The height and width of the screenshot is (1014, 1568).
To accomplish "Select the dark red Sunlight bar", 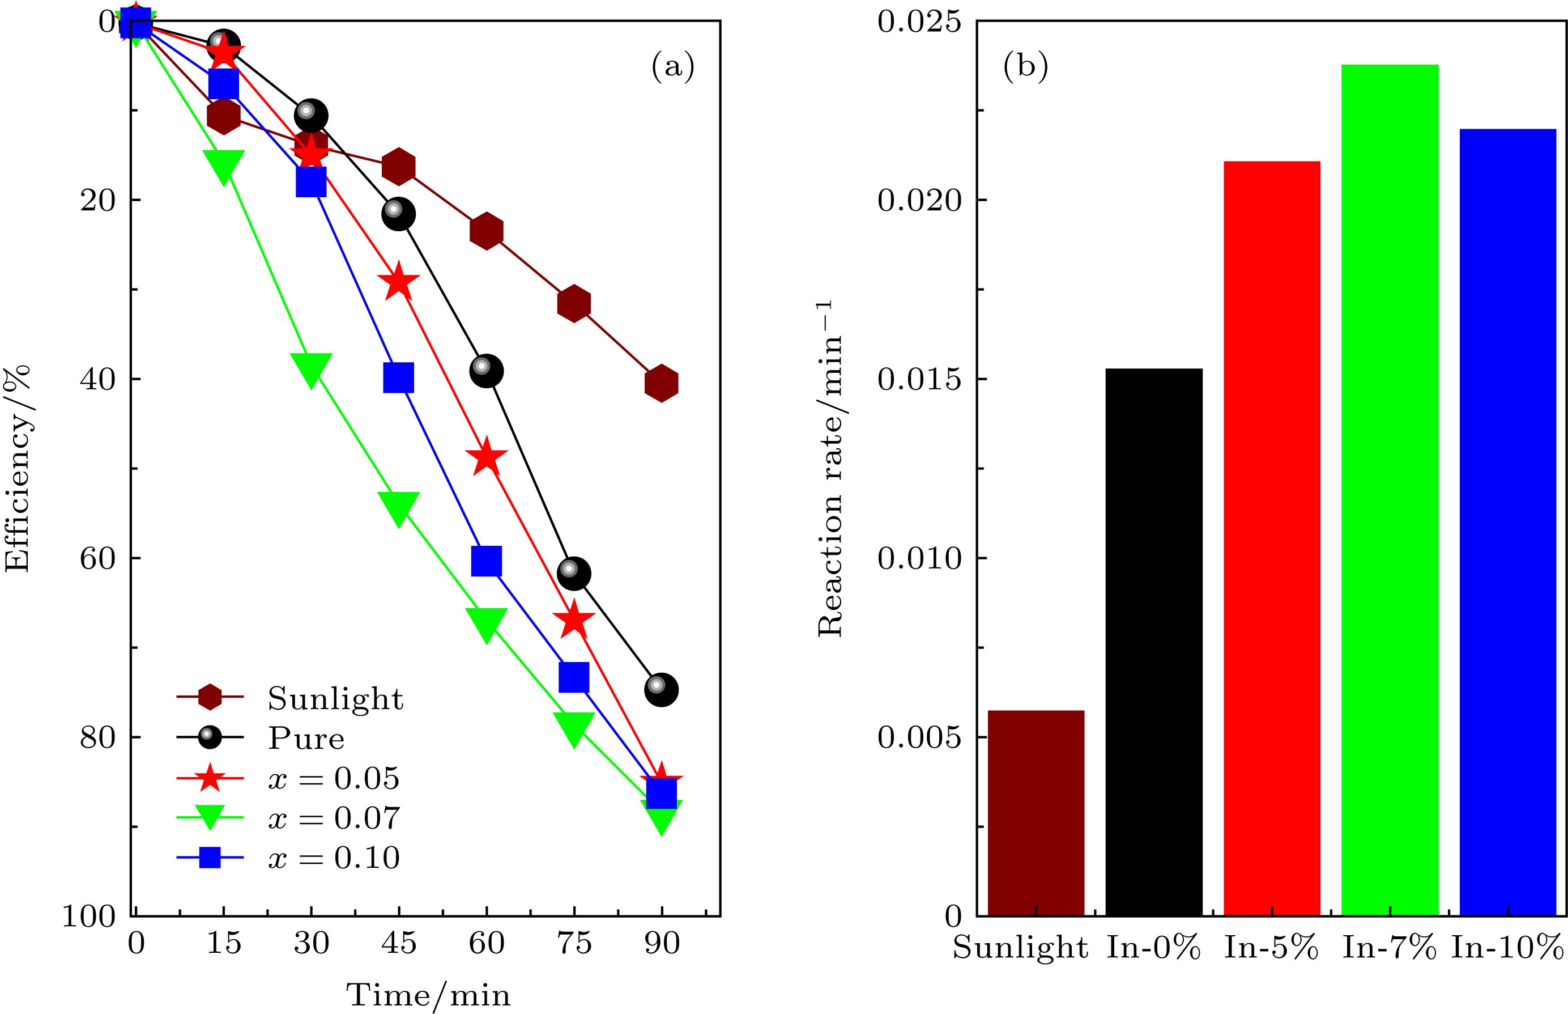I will tap(1036, 813).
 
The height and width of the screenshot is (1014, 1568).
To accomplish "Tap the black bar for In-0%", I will tap(1153, 642).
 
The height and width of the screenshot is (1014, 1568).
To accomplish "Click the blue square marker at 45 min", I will tap(398, 377).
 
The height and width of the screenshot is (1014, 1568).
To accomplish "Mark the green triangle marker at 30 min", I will tap(310, 367).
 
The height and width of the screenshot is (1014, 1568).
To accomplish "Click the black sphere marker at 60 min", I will tap(486, 371).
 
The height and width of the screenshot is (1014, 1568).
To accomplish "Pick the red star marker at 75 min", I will tap(574, 620).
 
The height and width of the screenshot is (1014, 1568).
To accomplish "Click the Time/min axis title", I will tap(428, 994).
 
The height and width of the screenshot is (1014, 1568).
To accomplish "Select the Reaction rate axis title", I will tap(830, 469).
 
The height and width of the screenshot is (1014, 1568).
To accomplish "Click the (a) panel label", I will tap(672, 67).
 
